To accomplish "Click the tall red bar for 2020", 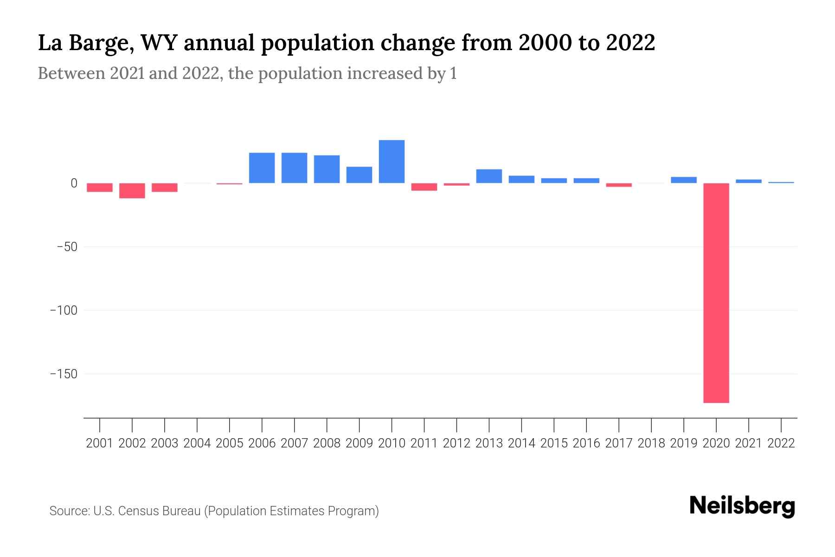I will click(x=716, y=292).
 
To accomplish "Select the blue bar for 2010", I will click(x=392, y=162).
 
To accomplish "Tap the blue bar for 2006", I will click(x=262, y=168).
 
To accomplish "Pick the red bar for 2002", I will click(x=132, y=190).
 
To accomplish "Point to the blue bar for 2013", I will click(x=489, y=176).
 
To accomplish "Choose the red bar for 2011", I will click(x=424, y=187).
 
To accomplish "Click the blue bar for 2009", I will click(x=359, y=175).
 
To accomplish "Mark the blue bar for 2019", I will click(x=684, y=180).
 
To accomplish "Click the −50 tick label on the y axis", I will click(x=67, y=246).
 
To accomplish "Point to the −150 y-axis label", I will click(x=64, y=374).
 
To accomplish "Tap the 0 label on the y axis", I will click(x=74, y=183).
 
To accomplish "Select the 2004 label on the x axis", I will click(x=197, y=443).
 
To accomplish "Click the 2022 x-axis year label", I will click(x=781, y=443).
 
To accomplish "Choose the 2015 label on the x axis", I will click(x=554, y=443).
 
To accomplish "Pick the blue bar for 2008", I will click(x=327, y=169).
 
